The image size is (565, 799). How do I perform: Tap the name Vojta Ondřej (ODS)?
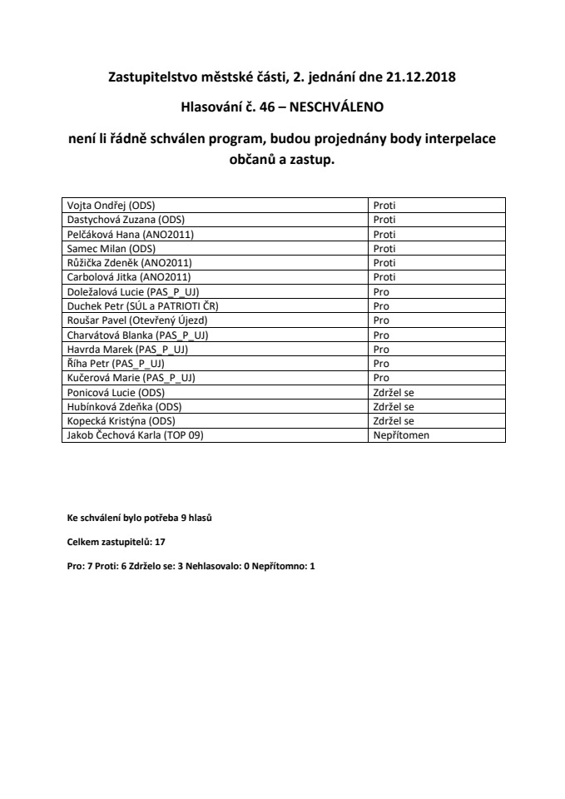point(111,204)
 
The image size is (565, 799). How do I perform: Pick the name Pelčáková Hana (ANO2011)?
point(130,234)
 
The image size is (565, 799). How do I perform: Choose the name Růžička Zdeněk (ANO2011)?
point(129,262)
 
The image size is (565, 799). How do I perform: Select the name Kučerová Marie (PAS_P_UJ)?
point(130,378)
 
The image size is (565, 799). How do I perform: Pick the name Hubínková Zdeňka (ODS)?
point(124,406)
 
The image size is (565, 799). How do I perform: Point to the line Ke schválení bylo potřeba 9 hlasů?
point(140,518)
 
